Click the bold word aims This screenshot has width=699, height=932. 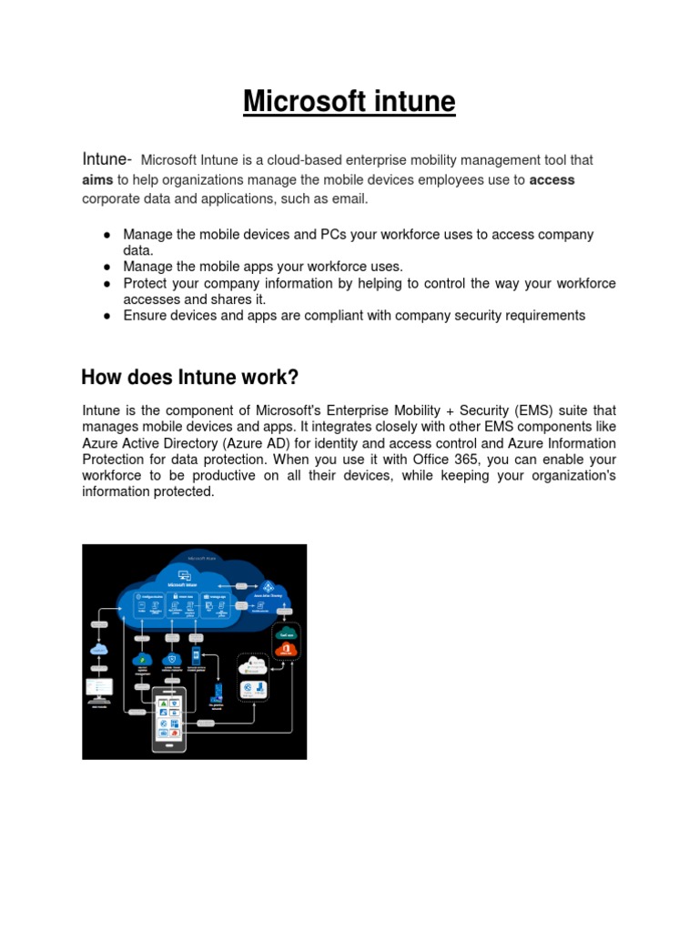click(x=97, y=180)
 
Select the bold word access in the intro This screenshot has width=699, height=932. click(x=552, y=180)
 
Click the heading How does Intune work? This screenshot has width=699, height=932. click(x=190, y=377)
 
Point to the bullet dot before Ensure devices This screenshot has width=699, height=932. click(x=106, y=316)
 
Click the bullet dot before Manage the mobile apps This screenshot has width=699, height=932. click(x=106, y=267)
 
